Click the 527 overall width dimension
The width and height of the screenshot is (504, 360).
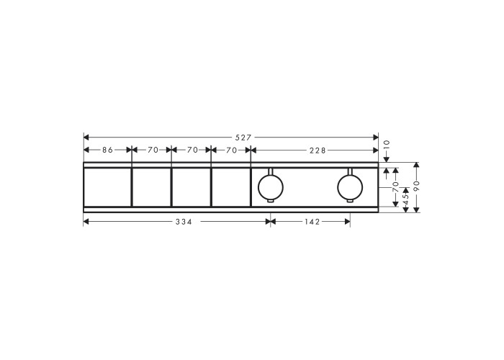(x=243, y=138)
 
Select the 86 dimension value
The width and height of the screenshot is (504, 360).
(x=108, y=150)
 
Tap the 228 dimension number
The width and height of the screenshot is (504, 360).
(x=318, y=150)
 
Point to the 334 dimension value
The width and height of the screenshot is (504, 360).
(x=184, y=222)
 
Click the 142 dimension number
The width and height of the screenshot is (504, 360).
(x=312, y=222)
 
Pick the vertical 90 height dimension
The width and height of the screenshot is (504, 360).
(x=417, y=186)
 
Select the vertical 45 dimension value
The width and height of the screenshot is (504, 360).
(x=405, y=199)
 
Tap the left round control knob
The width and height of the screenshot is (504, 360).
(x=271, y=187)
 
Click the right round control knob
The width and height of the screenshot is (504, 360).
(x=350, y=187)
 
